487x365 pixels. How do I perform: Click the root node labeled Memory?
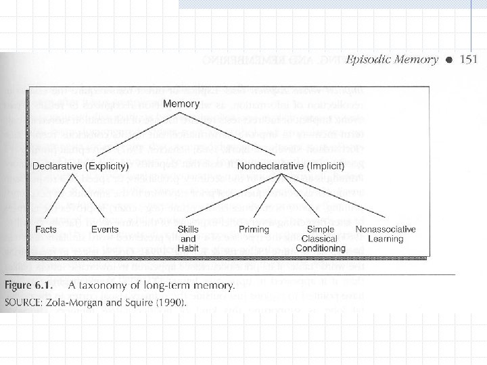pos(181,103)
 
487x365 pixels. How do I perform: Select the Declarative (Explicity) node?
pos(72,166)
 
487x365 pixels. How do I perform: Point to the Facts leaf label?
pos(46,230)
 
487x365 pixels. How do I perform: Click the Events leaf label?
pos(104,230)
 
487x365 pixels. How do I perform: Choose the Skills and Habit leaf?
pos(188,239)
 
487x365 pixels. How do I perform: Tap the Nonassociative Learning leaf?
pos(386,234)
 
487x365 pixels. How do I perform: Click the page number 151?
pos(469,59)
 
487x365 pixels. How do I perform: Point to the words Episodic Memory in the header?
pos(392,59)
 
